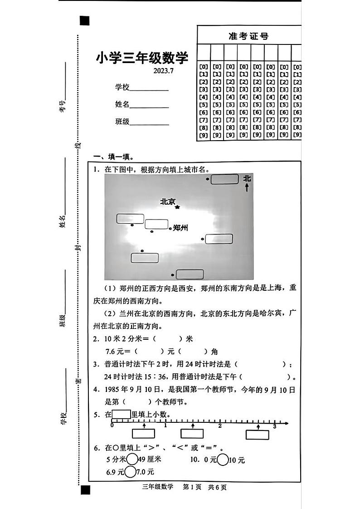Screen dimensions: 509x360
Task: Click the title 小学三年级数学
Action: (141, 59)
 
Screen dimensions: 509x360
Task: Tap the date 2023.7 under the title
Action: (164, 70)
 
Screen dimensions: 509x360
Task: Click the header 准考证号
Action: (248, 36)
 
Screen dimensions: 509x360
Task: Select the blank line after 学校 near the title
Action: (149, 90)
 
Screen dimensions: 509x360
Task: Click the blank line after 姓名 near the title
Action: (149, 107)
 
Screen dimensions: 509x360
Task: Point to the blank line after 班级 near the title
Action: (149, 124)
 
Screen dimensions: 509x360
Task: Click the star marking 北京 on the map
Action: (177, 207)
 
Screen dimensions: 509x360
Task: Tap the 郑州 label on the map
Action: (180, 228)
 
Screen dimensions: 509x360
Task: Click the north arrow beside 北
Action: (247, 187)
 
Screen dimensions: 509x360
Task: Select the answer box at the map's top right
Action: (224, 180)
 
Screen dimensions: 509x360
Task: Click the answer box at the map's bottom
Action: (190, 274)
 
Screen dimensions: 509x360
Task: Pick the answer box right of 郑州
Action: (219, 239)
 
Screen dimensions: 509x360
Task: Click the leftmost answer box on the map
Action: (130, 219)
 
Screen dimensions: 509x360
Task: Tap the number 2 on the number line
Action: (220, 426)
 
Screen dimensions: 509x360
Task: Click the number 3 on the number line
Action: (274, 426)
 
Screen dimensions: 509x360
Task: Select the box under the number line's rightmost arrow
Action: (258, 435)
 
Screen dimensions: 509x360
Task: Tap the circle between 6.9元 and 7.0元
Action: (130, 472)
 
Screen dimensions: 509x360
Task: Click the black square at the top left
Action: (84, 21)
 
